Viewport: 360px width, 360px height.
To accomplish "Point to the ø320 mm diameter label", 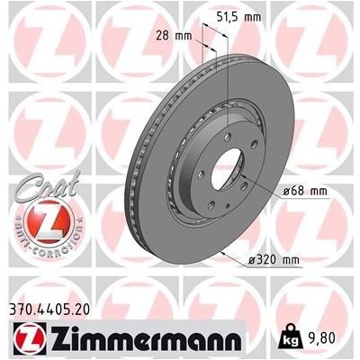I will pyautogui.click(x=274, y=259).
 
